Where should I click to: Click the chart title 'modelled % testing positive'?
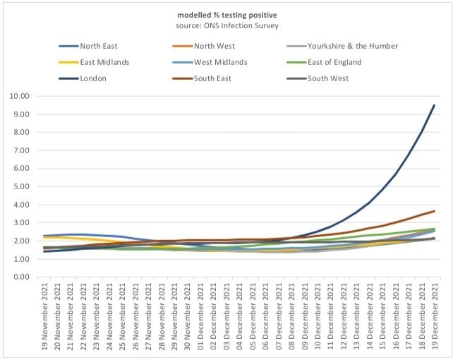point(226,14)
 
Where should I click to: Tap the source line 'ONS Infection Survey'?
point(226,25)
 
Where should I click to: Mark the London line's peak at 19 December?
point(434,105)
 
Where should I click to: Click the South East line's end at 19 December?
point(434,211)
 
